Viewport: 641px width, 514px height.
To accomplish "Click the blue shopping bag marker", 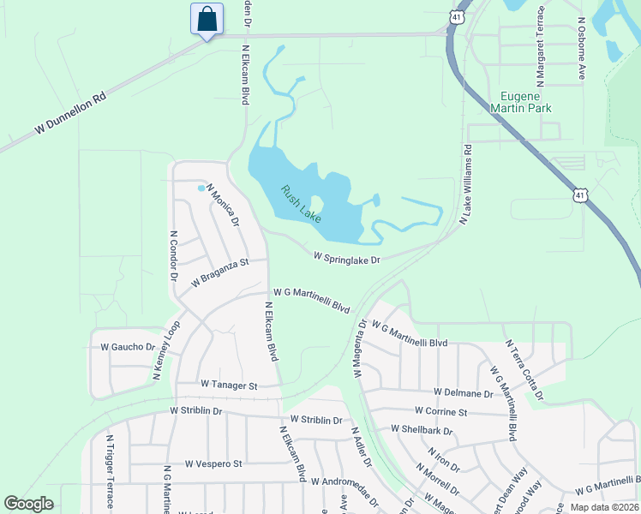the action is click(207, 19).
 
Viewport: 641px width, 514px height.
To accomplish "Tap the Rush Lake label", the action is click(301, 204).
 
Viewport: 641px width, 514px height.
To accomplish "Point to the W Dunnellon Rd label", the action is click(70, 115).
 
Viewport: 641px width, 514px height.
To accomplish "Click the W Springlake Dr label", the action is click(346, 257).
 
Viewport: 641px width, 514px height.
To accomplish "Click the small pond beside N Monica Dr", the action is click(202, 188).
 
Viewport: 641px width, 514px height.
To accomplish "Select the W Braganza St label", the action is click(219, 272).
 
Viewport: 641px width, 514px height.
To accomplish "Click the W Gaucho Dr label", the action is click(128, 347).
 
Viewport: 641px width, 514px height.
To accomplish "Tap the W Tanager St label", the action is click(229, 385).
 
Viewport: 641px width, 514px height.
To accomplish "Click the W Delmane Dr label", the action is click(463, 393).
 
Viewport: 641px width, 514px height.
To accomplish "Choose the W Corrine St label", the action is click(440, 412).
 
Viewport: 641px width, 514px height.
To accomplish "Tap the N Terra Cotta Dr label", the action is click(527, 371).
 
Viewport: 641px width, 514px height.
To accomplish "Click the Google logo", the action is click(28, 504).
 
